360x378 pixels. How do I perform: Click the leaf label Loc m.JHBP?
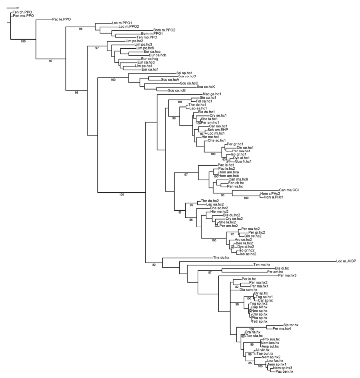point(346,260)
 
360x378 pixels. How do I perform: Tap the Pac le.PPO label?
point(61,20)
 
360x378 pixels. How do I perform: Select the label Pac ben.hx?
point(285,371)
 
